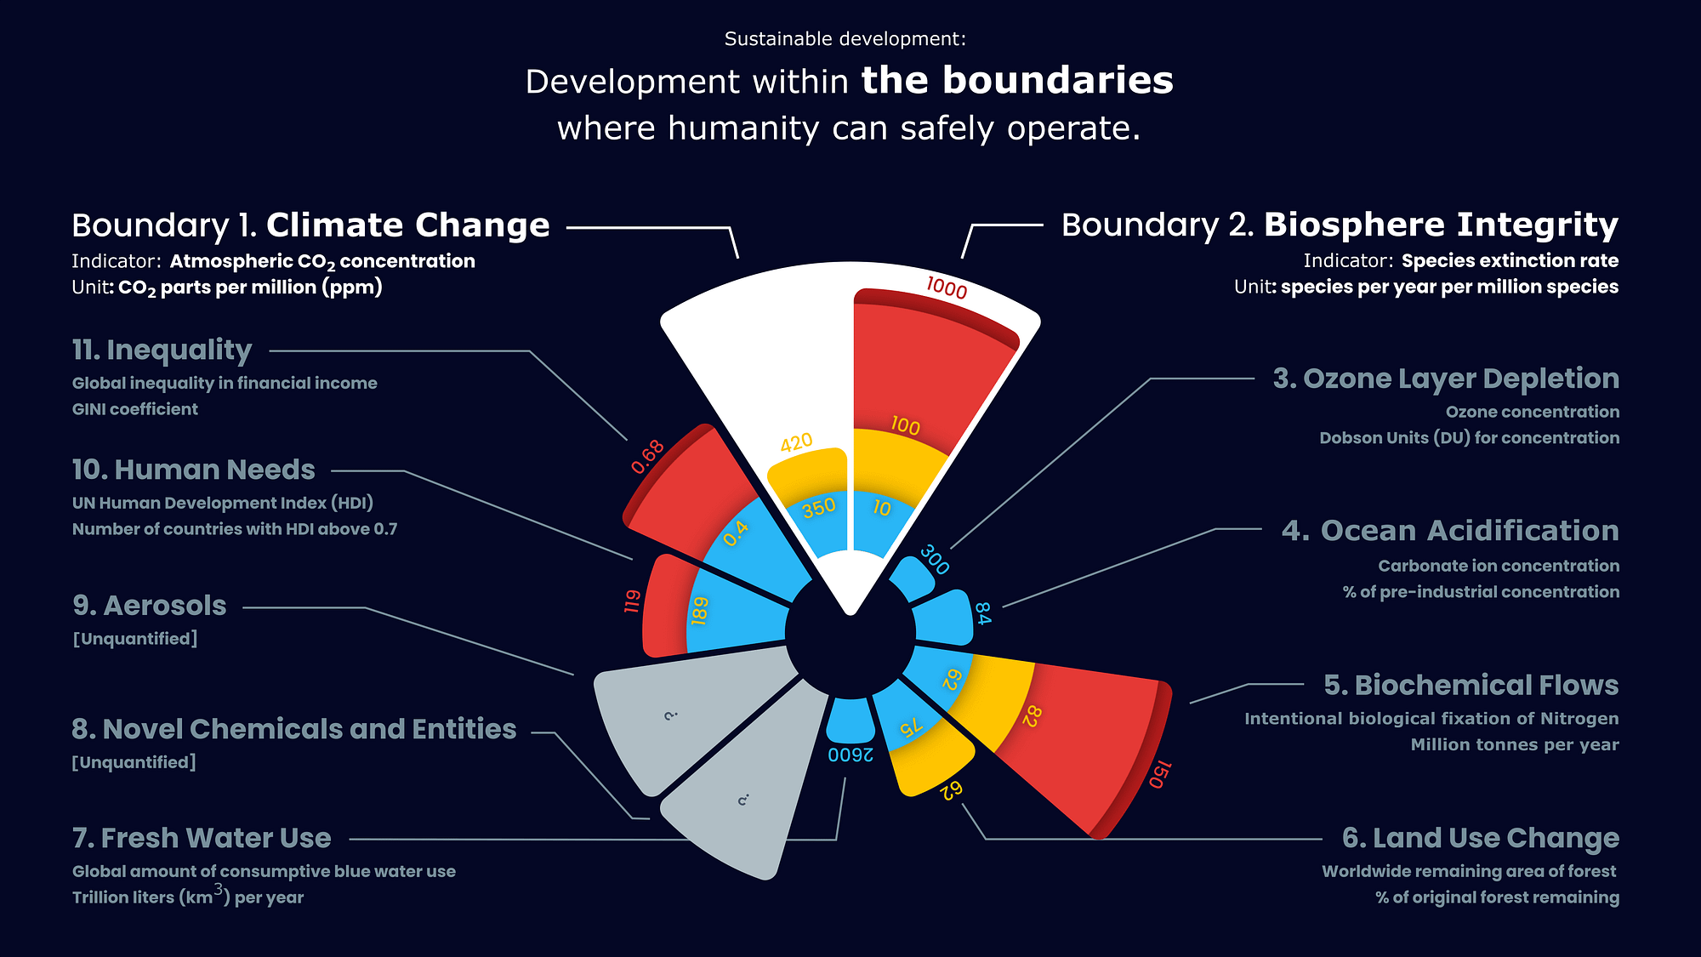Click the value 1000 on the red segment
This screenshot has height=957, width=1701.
click(947, 288)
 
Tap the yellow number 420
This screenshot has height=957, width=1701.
click(796, 442)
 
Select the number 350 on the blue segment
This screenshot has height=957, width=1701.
click(819, 508)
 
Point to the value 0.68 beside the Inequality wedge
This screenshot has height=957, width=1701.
click(647, 457)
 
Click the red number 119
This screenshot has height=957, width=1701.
click(632, 601)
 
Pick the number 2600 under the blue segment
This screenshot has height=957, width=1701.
click(850, 755)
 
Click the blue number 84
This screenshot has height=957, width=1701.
click(982, 613)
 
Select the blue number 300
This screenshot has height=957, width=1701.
click(935, 560)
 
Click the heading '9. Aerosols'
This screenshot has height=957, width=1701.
click(150, 606)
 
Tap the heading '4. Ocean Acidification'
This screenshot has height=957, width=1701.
click(1449, 531)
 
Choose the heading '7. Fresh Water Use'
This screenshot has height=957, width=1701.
click(202, 838)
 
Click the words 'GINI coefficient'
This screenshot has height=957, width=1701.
click(135, 409)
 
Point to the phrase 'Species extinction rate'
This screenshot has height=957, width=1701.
click(1510, 261)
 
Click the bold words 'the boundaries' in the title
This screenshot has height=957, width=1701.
click(1017, 81)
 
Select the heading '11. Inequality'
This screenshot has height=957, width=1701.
click(162, 350)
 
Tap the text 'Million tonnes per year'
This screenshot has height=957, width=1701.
click(1515, 745)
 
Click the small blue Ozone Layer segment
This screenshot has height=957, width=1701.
click(912, 579)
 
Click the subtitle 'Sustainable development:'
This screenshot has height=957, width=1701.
click(845, 39)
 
